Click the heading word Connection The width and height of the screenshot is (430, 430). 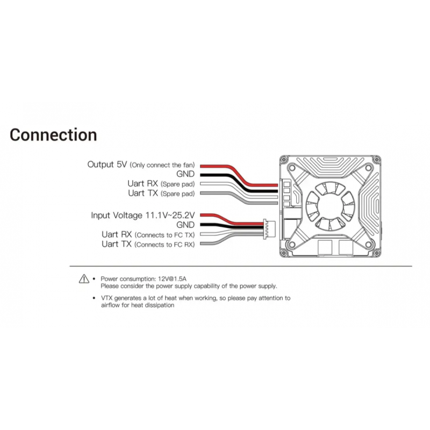pos(54,134)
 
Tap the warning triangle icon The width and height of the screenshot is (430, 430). pos(83,278)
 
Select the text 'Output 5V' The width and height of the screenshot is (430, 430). pos(108,164)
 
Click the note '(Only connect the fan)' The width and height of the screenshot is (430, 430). pos(163,165)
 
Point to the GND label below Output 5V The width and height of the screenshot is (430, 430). pos(185,174)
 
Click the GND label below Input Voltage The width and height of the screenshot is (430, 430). pos(185,225)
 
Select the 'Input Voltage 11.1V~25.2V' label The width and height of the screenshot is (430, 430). pos(143,215)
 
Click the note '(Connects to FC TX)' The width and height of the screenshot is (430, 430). pos(164,235)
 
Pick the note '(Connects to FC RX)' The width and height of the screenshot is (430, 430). pos(164,245)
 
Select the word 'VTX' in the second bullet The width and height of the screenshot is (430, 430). pos(107,298)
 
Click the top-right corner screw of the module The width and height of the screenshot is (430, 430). pos(378,160)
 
